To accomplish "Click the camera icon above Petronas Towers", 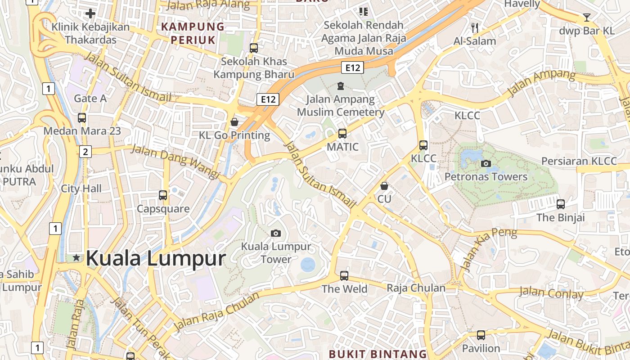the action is click(486, 163).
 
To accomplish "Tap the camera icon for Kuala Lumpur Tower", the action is click(276, 233).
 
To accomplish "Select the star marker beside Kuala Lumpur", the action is click(76, 258).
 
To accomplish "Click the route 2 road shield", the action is click(85, 152).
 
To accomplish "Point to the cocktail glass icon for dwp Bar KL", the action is click(587, 18).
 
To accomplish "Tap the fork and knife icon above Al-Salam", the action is click(474, 28).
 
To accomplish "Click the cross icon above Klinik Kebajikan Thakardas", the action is click(90, 13).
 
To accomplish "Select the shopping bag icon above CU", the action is click(384, 185).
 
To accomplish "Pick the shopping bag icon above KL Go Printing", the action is click(234, 122).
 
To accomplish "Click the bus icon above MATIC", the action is click(342, 133).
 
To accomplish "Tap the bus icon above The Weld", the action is click(344, 275).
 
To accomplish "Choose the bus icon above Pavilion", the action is click(481, 335).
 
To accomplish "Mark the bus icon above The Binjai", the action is click(561, 204).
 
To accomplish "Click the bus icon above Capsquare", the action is click(163, 195).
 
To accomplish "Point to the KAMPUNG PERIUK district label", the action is click(193, 33).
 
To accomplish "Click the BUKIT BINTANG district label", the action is click(378, 354).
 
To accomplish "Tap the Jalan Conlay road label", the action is click(551, 293).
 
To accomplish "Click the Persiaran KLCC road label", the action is click(579, 161).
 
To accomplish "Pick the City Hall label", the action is click(81, 189).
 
